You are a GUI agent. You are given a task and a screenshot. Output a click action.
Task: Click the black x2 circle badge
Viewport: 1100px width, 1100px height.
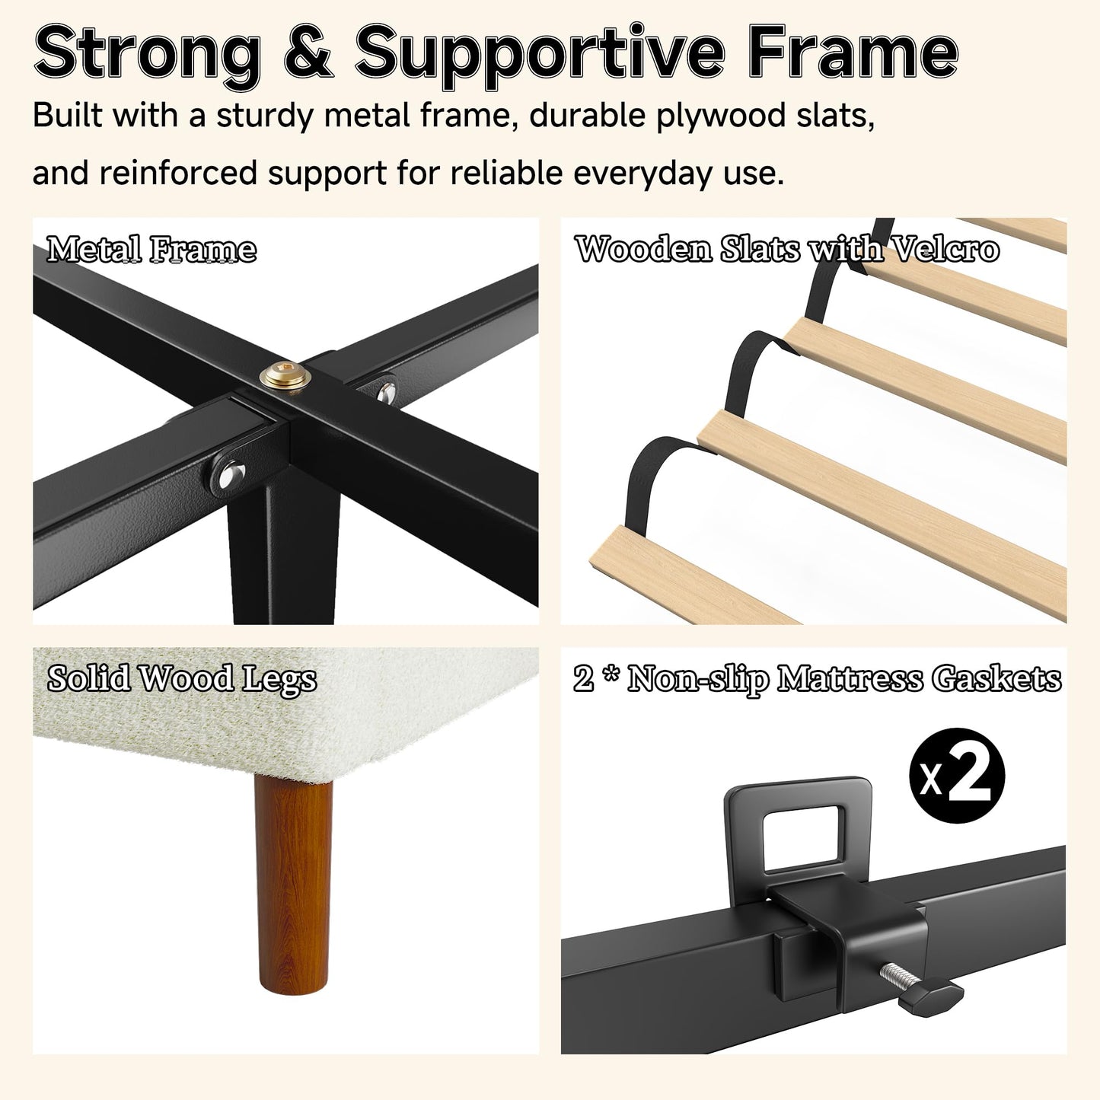pyautogui.click(x=957, y=775)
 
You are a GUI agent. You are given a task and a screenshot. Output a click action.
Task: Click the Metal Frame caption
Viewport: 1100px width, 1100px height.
pyautogui.click(x=151, y=250)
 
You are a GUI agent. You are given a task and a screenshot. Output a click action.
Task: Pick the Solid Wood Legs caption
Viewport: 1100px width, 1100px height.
pyautogui.click(x=182, y=679)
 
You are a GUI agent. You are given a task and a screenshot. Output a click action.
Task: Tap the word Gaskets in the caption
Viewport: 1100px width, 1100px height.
pyautogui.click(x=996, y=679)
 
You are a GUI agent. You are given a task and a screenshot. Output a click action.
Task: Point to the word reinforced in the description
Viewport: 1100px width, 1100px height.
pyautogui.click(x=178, y=173)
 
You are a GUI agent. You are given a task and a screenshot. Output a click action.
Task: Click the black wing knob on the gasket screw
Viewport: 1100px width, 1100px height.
pyautogui.click(x=930, y=995)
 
